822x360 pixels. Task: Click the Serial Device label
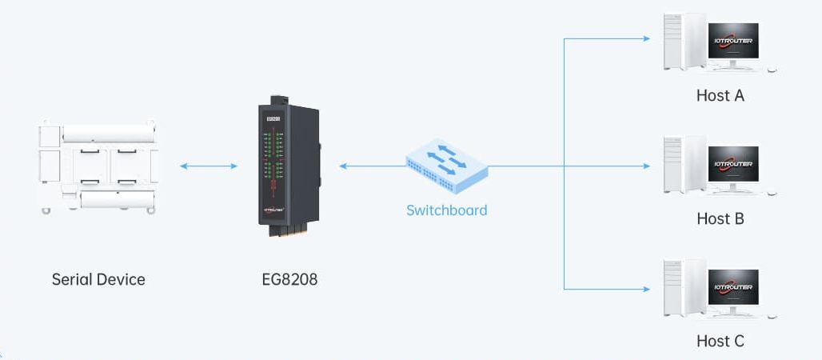[98, 279]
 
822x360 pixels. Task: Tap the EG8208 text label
[289, 279]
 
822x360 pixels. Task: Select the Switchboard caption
[446, 210]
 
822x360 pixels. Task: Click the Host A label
[720, 95]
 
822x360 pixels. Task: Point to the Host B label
[720, 218]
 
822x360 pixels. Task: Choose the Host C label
[720, 341]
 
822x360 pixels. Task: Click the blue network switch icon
[446, 163]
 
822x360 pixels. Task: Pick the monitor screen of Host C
[733, 287]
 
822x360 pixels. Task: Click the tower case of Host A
[684, 43]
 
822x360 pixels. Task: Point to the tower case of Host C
[684, 289]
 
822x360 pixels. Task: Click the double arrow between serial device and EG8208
[209, 166]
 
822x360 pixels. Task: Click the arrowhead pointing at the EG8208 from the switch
[344, 166]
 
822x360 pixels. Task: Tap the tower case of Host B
[684, 166]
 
